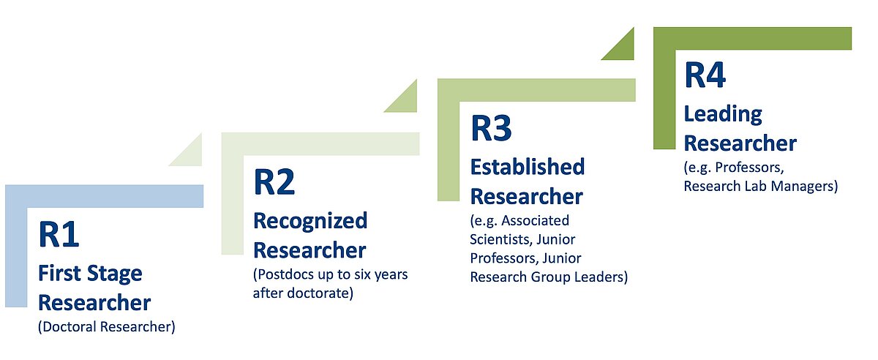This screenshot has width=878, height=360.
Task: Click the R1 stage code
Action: click(59, 235)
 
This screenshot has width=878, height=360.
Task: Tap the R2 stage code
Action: click(274, 182)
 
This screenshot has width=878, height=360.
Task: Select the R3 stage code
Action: click(491, 127)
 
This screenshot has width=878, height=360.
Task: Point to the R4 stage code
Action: click(705, 75)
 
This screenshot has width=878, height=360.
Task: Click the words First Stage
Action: click(90, 274)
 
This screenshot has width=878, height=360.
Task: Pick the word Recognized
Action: click(310, 220)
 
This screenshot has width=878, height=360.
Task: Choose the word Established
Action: click(527, 167)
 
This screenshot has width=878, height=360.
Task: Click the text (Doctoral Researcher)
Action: click(107, 327)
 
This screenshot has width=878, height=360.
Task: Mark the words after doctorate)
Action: click(303, 293)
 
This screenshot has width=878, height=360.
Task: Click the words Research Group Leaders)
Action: click(549, 277)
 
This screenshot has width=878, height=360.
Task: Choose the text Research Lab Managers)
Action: click(760, 186)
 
